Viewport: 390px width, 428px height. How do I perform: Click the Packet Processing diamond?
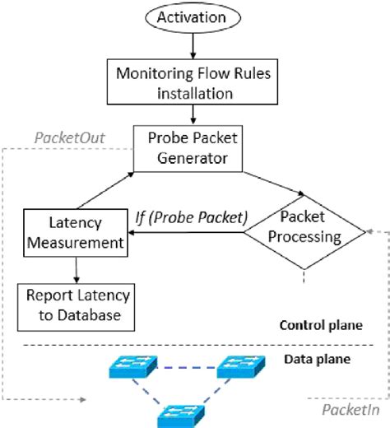[x=304, y=227]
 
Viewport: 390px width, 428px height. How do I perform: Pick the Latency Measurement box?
[x=75, y=231]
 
